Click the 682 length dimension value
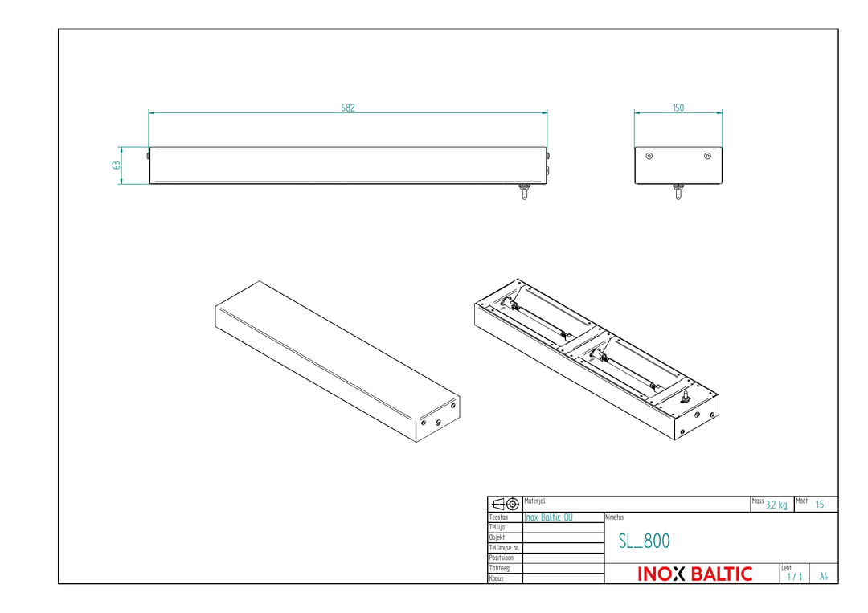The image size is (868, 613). pos(348,108)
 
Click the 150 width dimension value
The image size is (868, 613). pos(678,108)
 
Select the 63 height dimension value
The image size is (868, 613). pos(117,165)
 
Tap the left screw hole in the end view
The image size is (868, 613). pos(649,156)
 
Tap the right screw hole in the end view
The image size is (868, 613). pos(707,156)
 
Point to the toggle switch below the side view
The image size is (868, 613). pos(524,191)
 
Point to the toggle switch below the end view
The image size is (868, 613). pos(678,191)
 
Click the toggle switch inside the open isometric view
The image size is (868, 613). pos(686,397)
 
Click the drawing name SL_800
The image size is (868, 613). pos(644,541)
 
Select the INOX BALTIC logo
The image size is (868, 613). pos(694,574)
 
